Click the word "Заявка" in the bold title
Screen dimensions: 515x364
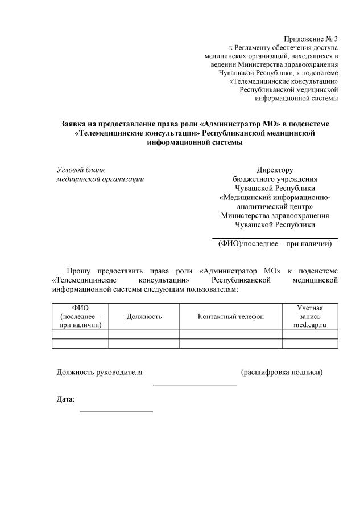pyautogui.click(x=75, y=124)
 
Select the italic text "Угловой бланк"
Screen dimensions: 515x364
pyautogui.click(x=81, y=170)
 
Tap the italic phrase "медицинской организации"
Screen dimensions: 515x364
pyautogui.click(x=100, y=179)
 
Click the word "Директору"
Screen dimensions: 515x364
pyautogui.click(x=275, y=170)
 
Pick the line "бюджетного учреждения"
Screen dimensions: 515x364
pyautogui.click(x=275, y=179)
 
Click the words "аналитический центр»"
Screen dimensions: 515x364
pyautogui.click(x=275, y=206)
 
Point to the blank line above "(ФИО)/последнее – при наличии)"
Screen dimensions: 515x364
pyautogui.click(x=275, y=238)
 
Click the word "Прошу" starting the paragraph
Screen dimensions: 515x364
pyautogui.click(x=78, y=270)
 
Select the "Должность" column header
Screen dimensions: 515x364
pyautogui.click(x=144, y=316)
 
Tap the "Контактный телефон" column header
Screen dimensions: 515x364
pyautogui.click(x=231, y=316)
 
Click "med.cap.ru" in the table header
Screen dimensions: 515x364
pyautogui.click(x=310, y=325)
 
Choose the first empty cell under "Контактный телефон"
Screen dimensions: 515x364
pyautogui.click(x=231, y=334)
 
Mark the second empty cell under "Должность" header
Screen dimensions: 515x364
pyautogui.click(x=144, y=343)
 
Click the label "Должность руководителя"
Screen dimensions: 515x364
pyautogui.click(x=100, y=373)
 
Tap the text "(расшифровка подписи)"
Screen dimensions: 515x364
pyautogui.click(x=282, y=373)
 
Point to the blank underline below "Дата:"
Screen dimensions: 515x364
pyautogui.click(x=116, y=411)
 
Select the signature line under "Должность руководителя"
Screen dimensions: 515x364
pyautogui.click(x=195, y=385)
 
